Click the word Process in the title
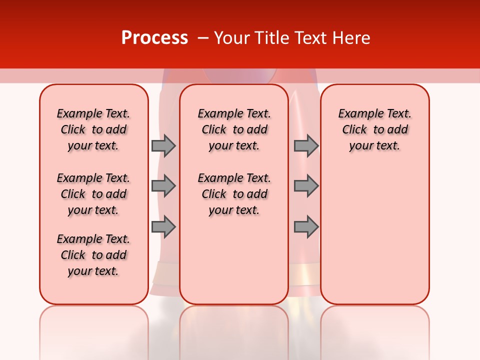pyautogui.click(x=154, y=37)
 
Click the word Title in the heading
pyautogui.click(x=273, y=38)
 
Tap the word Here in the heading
pyautogui.click(x=351, y=38)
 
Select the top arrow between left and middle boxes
pyautogui.click(x=163, y=145)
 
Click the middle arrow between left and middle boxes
pyautogui.click(x=163, y=186)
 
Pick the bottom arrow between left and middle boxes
pyautogui.click(x=163, y=227)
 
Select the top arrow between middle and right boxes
pyautogui.click(x=306, y=145)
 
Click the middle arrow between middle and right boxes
pyautogui.click(x=306, y=186)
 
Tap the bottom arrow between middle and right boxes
pyautogui.click(x=306, y=227)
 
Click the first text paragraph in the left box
pyautogui.click(x=93, y=129)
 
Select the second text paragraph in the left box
pyautogui.click(x=93, y=194)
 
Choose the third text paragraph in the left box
pyautogui.click(x=93, y=255)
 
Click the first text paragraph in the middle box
pyautogui.click(x=234, y=129)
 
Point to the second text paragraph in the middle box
pyautogui.click(x=234, y=194)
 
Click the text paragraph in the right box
pyautogui.click(x=374, y=129)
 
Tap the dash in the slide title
pyautogui.click(x=202, y=38)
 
